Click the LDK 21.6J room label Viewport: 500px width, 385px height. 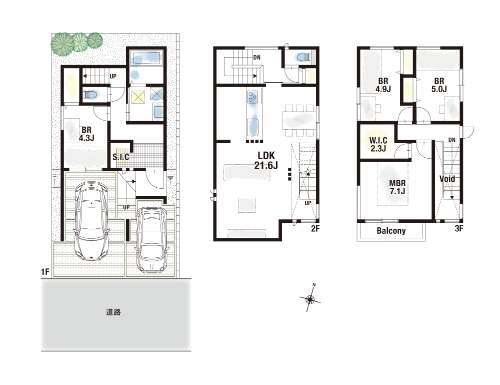coord(266,160)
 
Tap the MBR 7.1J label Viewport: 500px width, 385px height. coord(397,187)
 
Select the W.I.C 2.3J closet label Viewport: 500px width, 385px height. coord(378,145)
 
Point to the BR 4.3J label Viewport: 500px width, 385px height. coord(86,134)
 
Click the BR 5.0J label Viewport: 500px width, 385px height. coord(439,85)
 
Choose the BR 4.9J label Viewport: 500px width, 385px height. coord(383,85)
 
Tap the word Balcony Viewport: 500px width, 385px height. coord(391,231)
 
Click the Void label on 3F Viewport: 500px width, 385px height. coord(447,179)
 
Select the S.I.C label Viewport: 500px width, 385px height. coord(121,157)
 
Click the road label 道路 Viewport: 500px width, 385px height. coord(113,312)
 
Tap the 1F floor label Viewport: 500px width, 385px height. coord(45,272)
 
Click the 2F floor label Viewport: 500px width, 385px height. coord(315,229)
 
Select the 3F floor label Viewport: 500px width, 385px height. coord(458,229)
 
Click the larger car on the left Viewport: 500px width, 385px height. coord(91,220)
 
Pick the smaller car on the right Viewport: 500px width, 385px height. coord(152,239)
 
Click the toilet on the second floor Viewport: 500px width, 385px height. coord(302,58)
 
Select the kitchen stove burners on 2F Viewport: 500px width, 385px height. coord(253,97)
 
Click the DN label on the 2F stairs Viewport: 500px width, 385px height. coord(256,58)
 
